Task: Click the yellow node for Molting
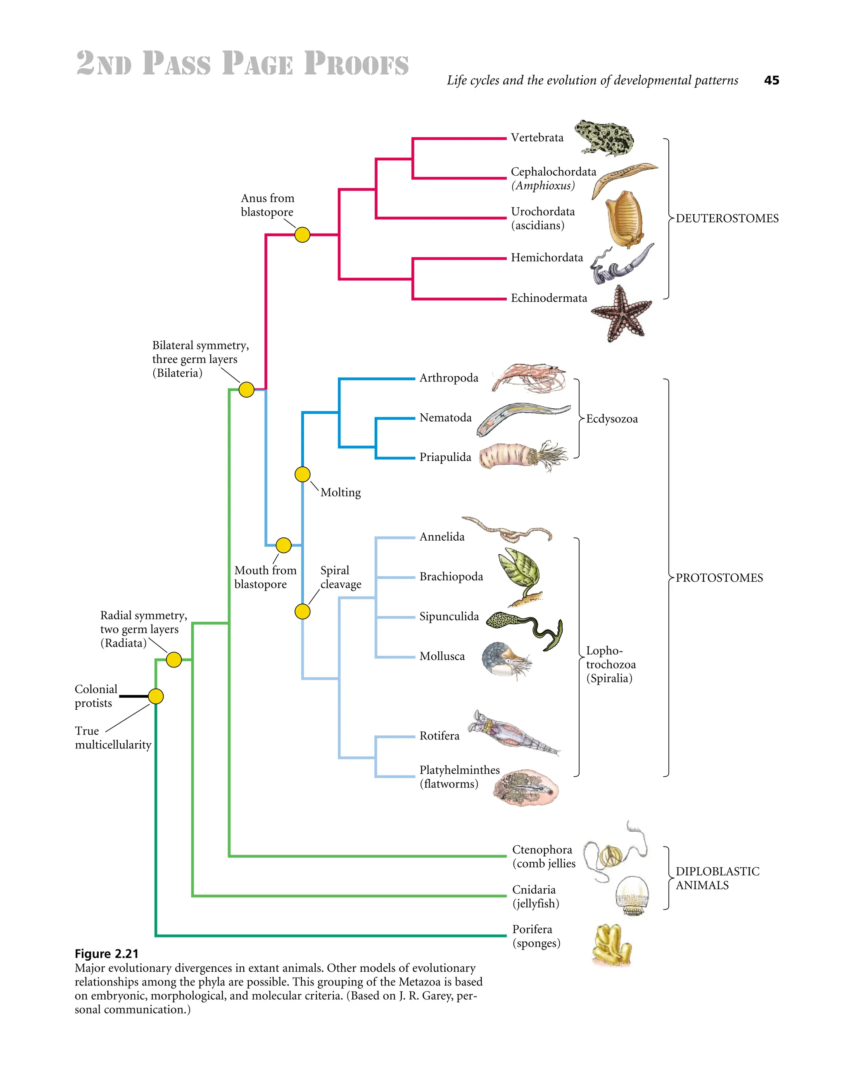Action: click(x=302, y=475)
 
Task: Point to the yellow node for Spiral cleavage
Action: click(x=302, y=611)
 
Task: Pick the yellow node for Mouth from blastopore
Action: click(x=283, y=546)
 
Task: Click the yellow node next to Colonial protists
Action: click(x=156, y=696)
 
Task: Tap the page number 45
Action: click(x=772, y=80)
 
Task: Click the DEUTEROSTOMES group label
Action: click(x=727, y=219)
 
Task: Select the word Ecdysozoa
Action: click(x=612, y=419)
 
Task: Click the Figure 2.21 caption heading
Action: click(x=107, y=954)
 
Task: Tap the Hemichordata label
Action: click(x=547, y=258)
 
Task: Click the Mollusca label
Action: click(x=442, y=656)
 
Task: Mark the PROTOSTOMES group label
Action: click(x=719, y=578)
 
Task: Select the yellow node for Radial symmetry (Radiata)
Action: click(x=173, y=660)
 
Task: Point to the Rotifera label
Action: click(x=439, y=736)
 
